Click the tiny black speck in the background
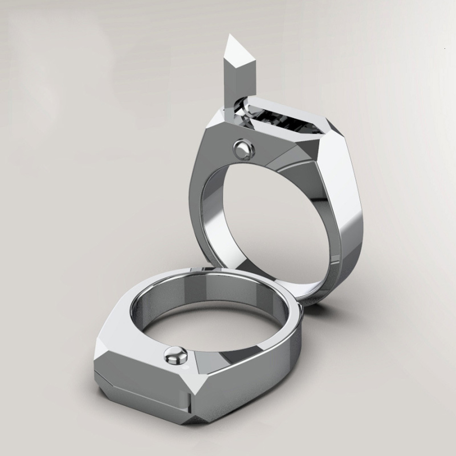coord(443,47)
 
